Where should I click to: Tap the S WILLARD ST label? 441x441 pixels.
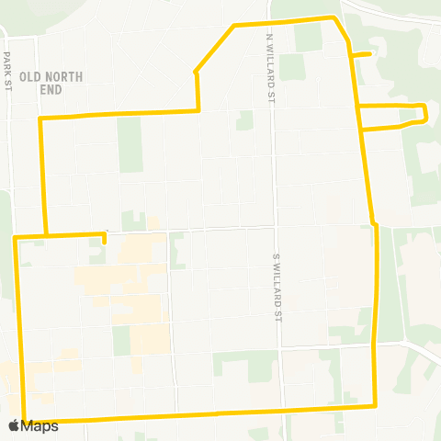click(x=276, y=288)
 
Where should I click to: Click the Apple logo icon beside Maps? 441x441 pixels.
click(x=13, y=425)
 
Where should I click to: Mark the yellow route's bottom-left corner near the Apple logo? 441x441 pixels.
click(x=24, y=420)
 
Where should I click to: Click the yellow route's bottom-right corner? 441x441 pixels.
click(x=376, y=405)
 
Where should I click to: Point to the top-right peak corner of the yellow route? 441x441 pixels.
click(x=334, y=17)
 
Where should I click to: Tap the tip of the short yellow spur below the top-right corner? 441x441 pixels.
click(x=369, y=54)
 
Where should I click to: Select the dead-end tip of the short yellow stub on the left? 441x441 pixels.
click(x=105, y=243)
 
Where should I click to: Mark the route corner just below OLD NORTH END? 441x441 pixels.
click(x=40, y=119)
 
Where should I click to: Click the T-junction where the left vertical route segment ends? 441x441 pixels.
click(x=44, y=236)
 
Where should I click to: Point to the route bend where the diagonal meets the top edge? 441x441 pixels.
click(x=235, y=25)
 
